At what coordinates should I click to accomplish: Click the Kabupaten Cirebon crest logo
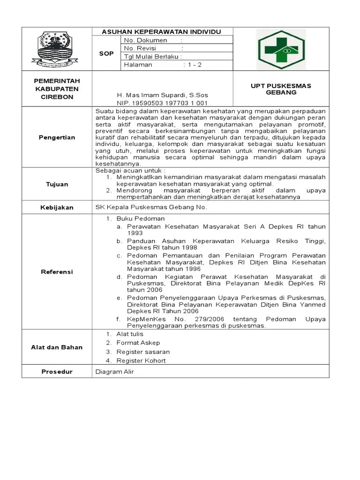point(57,48)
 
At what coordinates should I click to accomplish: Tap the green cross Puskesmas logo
point(281,49)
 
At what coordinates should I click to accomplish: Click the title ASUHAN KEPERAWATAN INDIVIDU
point(162,31)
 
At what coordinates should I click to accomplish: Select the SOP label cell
point(106,53)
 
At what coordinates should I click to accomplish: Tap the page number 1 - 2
point(192,65)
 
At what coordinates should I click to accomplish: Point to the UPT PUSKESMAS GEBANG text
point(281,89)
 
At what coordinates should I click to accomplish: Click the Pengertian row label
point(57,137)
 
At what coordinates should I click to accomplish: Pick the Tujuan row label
point(57,184)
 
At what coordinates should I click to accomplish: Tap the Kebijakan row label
point(57,207)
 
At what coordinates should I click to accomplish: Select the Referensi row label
point(57,272)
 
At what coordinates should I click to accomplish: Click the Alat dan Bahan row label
point(57,347)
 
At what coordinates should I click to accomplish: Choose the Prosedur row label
point(57,372)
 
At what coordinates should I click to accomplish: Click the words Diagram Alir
point(114,372)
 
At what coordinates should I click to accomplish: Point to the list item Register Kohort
point(141,360)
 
